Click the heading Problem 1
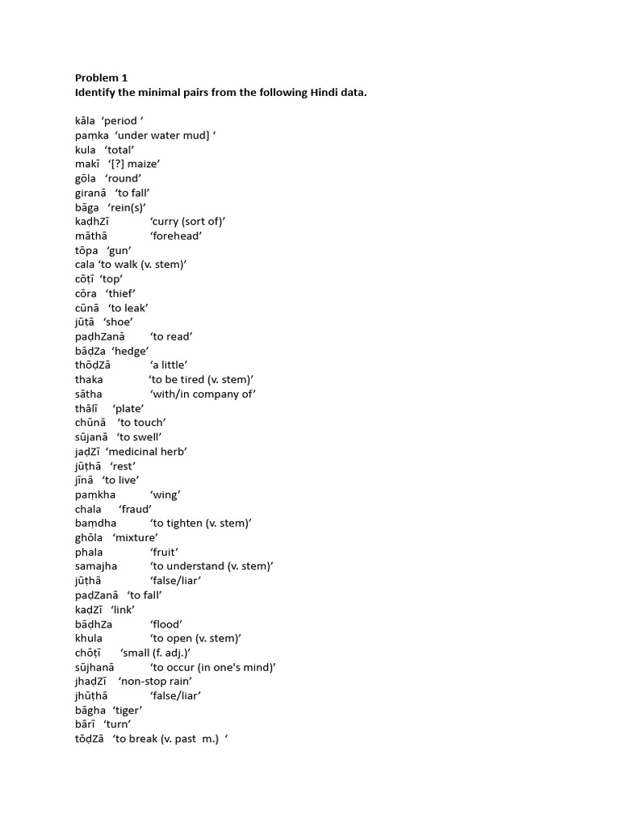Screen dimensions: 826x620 click(x=101, y=78)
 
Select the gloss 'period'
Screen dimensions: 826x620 click(x=122, y=121)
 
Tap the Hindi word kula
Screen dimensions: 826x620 click(x=86, y=150)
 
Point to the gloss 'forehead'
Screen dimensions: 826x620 click(x=176, y=236)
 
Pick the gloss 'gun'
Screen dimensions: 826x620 click(x=119, y=250)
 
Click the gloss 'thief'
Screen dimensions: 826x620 click(x=120, y=294)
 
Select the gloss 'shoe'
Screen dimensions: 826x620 click(x=118, y=322)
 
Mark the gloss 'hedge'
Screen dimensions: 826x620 click(x=130, y=351)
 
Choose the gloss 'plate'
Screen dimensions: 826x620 click(x=128, y=408)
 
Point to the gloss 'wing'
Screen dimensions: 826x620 click(x=165, y=494)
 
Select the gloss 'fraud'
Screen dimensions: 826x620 click(x=135, y=509)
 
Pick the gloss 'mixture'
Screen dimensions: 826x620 click(x=135, y=537)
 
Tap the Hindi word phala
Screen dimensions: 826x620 click(x=89, y=552)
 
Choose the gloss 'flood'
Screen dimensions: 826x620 click(x=165, y=624)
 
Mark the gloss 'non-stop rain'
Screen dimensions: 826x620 click(x=154, y=682)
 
